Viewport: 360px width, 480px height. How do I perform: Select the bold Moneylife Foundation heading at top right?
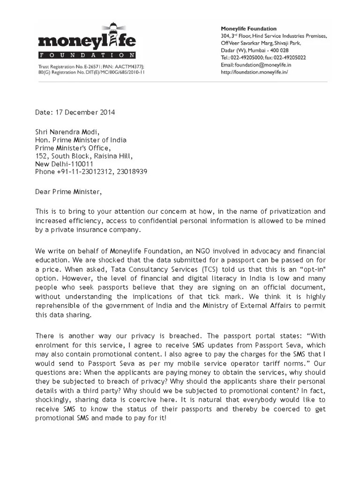tap(248, 29)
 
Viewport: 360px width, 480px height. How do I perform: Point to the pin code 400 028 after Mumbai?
tap(277, 50)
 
